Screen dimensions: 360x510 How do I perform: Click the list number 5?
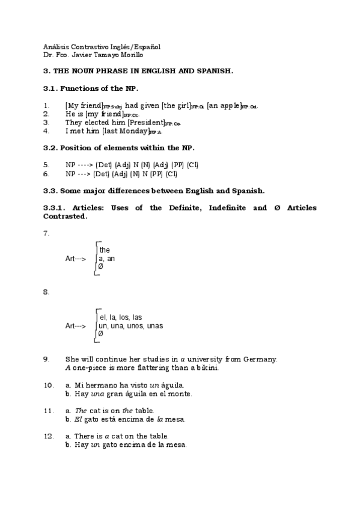click(46, 164)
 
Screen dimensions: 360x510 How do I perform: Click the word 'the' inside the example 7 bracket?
click(105, 250)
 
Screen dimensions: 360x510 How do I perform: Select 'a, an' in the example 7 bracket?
click(107, 259)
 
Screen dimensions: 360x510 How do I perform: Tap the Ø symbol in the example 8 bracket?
click(100, 334)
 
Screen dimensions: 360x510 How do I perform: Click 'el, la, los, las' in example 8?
click(120, 317)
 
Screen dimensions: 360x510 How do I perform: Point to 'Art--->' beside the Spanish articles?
click(76, 325)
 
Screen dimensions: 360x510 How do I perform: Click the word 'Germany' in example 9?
click(260, 359)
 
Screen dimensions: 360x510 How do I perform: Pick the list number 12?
click(49, 436)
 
